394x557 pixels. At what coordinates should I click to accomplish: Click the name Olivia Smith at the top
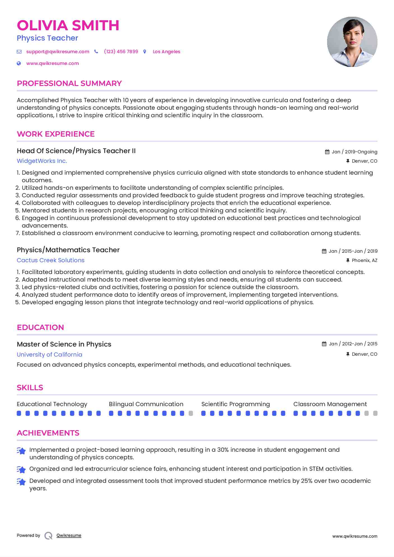coord(68,25)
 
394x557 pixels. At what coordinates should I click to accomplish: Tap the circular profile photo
coord(352,42)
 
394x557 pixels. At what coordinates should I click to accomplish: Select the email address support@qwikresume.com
coord(58,52)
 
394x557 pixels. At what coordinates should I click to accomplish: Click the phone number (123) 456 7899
coord(121,52)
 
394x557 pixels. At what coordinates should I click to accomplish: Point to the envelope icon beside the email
coord(19,52)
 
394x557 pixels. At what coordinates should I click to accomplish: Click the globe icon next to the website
coord(19,63)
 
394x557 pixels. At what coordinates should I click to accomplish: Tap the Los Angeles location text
coord(166,52)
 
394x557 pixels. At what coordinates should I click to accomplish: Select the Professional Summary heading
coord(69,83)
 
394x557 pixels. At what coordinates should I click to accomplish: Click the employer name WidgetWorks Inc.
coord(42,161)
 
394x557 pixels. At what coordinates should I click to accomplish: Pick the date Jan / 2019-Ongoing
coord(354,152)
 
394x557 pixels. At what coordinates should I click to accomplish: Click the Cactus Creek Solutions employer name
coord(50,260)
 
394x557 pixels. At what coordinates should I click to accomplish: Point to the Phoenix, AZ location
coord(364,260)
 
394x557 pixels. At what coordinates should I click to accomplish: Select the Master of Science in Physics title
coord(64,344)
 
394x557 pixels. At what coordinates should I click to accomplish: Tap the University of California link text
coord(49,355)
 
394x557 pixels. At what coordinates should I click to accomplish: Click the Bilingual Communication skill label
coord(146,404)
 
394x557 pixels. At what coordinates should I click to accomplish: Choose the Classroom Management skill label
coord(330,404)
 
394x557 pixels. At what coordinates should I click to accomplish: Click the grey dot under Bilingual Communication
coord(191,413)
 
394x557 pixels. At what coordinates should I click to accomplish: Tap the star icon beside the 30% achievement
coord(21,451)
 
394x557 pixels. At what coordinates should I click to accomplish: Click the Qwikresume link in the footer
coord(69,535)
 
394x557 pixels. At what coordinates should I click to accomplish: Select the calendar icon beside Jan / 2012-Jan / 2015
coord(324,344)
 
